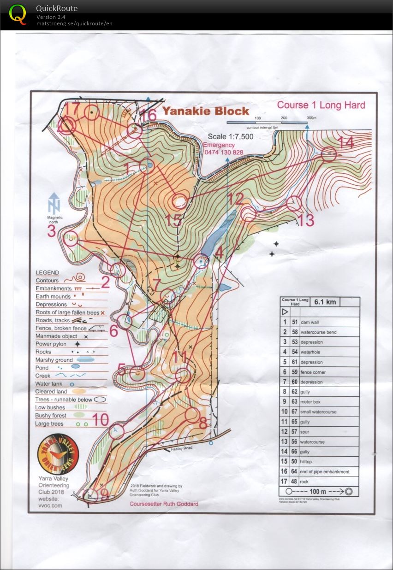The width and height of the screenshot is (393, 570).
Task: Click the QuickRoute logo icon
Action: (18, 13)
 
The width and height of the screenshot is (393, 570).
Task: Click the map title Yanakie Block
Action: (205, 111)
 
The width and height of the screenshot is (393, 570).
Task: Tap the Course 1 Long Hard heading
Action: (321, 105)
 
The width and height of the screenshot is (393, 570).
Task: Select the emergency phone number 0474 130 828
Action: (223, 152)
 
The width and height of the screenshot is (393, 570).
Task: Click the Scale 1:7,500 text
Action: (230, 137)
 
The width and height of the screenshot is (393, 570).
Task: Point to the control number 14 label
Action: (346, 142)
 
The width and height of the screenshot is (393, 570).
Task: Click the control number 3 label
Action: (51, 231)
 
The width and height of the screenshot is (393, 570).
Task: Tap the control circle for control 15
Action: (179, 201)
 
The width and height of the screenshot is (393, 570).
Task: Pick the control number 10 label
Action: (100, 420)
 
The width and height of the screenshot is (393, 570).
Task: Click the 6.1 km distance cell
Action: (325, 302)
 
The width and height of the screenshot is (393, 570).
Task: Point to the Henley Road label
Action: (180, 448)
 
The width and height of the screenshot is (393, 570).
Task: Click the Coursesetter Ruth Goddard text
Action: (164, 504)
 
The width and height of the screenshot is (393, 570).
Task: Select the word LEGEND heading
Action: (48, 272)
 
